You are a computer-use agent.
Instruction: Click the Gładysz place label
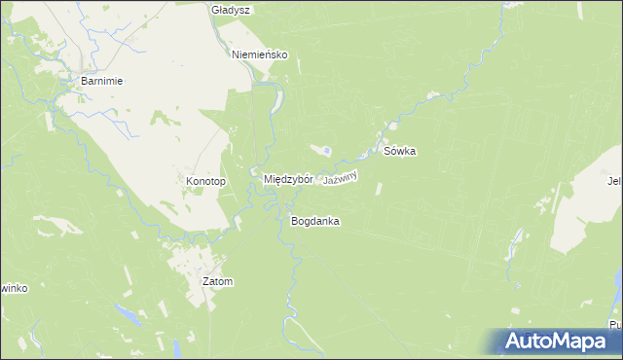[x=232, y=10]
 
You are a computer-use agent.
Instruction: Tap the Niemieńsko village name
[x=260, y=55]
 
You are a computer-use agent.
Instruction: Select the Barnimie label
[x=101, y=82]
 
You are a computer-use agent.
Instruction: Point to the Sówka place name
[x=399, y=152]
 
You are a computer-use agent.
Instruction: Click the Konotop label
[x=205, y=182]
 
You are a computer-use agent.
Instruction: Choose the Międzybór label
[x=288, y=180]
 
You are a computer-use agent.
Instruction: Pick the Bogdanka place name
[x=314, y=221]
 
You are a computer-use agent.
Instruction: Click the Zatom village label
[x=217, y=282]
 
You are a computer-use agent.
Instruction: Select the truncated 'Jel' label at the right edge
[x=614, y=180]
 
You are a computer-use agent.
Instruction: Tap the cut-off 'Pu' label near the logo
[x=615, y=324]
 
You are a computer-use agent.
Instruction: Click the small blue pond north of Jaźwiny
[x=327, y=150]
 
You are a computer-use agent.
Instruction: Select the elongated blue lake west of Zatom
[x=128, y=313]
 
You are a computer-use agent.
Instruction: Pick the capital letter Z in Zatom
[x=205, y=282]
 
